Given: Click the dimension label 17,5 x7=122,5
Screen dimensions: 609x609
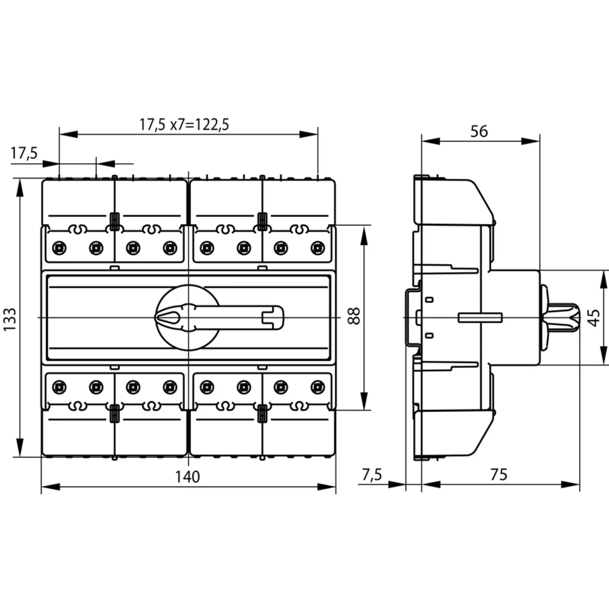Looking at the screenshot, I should (185, 125).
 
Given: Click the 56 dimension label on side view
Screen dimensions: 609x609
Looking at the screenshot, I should (479, 131).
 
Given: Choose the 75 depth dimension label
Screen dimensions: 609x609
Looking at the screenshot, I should (499, 475).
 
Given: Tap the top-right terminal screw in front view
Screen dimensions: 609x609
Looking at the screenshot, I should (317, 248).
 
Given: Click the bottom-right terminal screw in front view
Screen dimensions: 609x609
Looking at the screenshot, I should (317, 387).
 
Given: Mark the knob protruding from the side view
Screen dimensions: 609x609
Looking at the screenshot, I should (561, 318).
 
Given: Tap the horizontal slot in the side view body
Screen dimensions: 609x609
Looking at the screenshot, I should (480, 318).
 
